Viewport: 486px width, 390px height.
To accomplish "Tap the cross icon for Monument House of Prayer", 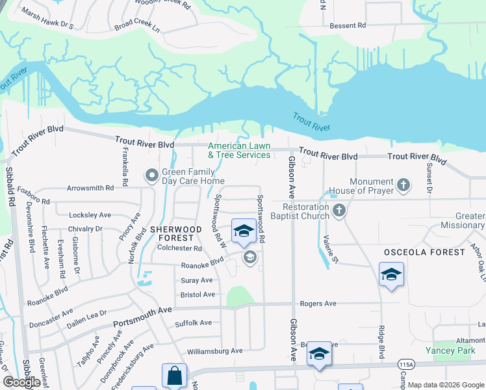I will point(403,186).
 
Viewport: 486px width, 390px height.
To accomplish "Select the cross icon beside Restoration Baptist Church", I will point(339,211).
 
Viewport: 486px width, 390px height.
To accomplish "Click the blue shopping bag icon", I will point(174,376).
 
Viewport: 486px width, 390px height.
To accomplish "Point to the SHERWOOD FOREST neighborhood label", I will point(176,233).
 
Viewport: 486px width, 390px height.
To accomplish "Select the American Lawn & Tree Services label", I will point(239,151).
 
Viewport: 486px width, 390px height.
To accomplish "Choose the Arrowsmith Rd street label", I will point(90,188).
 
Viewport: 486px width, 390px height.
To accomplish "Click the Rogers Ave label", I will point(318,304).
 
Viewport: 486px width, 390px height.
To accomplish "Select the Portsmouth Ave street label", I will point(142,318).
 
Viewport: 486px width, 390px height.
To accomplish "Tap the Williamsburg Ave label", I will point(205,351).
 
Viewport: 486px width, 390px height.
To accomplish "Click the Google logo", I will point(21,382).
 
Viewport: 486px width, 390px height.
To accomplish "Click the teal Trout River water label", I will point(307,121).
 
